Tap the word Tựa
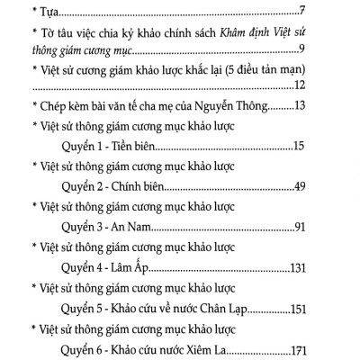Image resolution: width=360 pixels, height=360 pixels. coord(45,11)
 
